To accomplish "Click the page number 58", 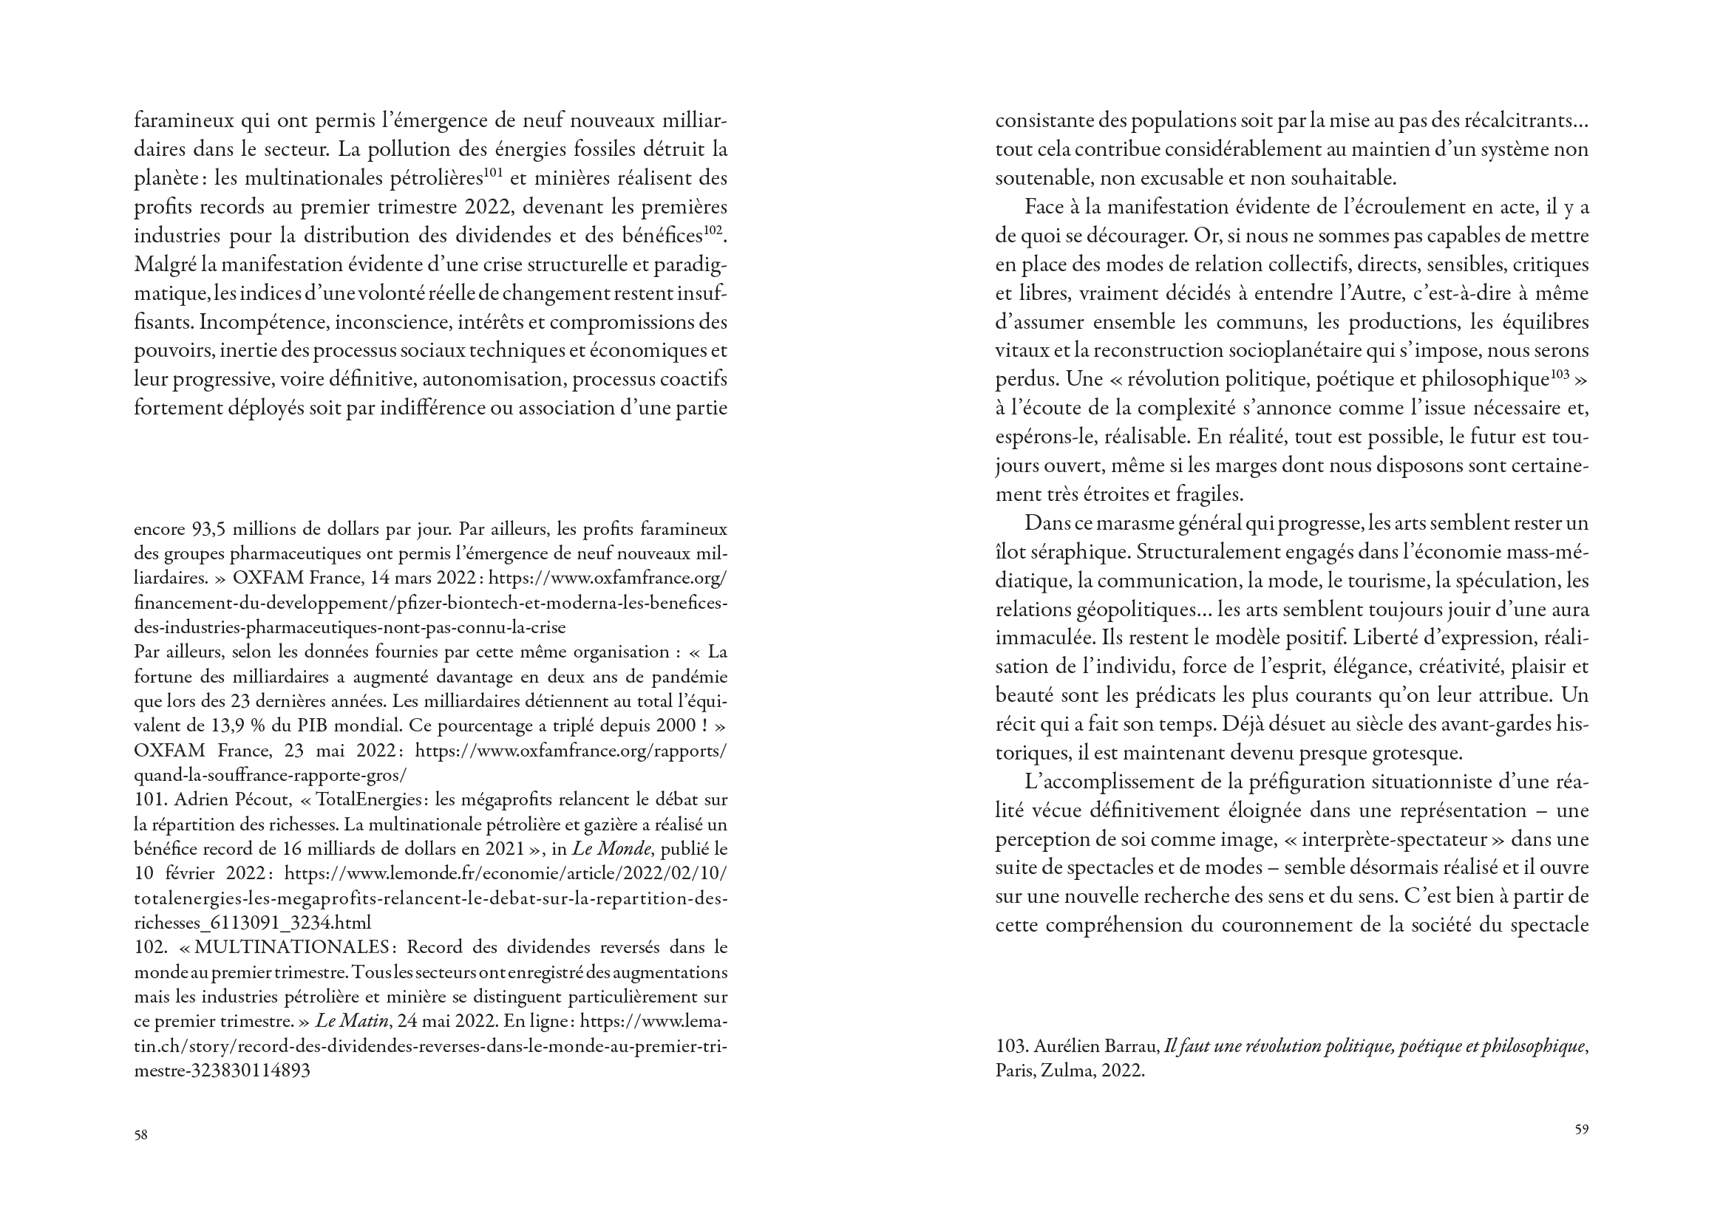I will point(140,1136).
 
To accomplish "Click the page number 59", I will point(1582,1130).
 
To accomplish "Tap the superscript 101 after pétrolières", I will point(493,172).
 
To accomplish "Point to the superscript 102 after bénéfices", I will point(713,230).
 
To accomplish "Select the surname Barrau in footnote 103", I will point(1132,1047).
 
